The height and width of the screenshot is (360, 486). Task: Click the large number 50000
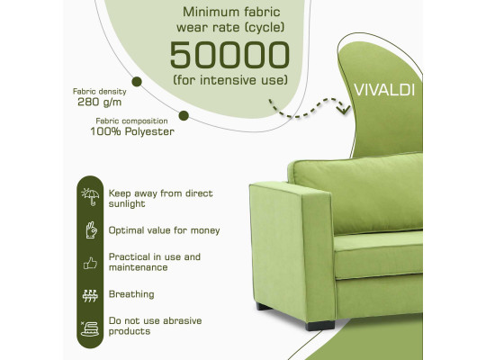click(229, 55)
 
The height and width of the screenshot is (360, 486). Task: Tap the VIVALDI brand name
click(384, 90)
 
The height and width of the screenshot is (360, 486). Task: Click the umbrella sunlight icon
click(90, 196)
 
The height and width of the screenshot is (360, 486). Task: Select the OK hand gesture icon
click(91, 230)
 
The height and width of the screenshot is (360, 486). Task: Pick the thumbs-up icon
click(90, 264)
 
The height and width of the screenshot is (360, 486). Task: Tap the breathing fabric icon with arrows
click(90, 296)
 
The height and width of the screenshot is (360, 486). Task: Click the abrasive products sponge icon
click(90, 328)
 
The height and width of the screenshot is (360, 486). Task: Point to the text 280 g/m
click(100, 102)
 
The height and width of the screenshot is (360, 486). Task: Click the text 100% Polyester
click(132, 131)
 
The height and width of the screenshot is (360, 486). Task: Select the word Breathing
click(131, 294)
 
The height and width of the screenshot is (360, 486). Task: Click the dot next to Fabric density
click(137, 82)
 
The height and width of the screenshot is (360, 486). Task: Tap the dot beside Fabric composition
click(184, 116)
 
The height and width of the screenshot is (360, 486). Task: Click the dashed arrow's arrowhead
click(344, 109)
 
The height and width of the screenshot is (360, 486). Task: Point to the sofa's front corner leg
click(319, 325)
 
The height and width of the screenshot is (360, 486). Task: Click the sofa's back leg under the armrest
click(264, 306)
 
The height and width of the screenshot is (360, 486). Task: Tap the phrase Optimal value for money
click(165, 230)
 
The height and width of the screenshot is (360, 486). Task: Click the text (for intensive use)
click(230, 80)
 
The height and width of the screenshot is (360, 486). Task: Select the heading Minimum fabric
click(231, 12)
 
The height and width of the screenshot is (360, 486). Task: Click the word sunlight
click(127, 203)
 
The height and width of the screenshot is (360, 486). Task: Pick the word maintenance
click(139, 267)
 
